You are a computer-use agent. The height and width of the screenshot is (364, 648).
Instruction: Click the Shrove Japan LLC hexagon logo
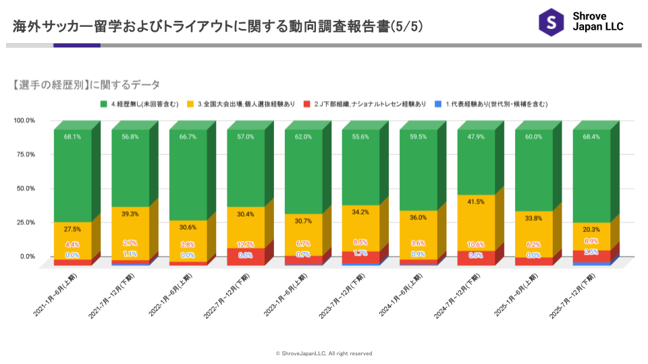pyautogui.click(x=551, y=22)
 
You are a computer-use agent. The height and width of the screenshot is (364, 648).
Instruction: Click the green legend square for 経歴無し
pyautogui.click(x=104, y=104)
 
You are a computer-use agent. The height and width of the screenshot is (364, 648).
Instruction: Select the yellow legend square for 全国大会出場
pyautogui.click(x=191, y=104)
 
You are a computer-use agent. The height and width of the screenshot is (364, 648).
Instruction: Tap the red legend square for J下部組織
pyautogui.click(x=307, y=104)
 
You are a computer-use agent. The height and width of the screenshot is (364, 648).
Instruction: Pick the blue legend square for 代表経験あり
pyautogui.click(x=438, y=104)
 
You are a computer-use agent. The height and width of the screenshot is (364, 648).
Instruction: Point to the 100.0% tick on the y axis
pyautogui.click(x=24, y=121)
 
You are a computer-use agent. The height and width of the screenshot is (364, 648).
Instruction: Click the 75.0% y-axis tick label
pyautogui.click(x=26, y=154)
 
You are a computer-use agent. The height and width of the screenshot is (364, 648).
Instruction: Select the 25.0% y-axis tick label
pyautogui.click(x=26, y=222)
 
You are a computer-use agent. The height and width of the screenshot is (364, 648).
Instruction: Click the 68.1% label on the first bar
pyautogui.click(x=72, y=137)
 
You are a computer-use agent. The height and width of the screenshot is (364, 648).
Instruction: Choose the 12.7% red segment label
pyautogui.click(x=246, y=245)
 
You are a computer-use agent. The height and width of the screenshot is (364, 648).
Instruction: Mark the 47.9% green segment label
pyautogui.click(x=476, y=137)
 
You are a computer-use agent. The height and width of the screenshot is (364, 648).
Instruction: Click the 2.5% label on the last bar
pyautogui.click(x=591, y=252)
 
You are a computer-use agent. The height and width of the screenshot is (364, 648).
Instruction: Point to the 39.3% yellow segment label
pyautogui.click(x=130, y=214)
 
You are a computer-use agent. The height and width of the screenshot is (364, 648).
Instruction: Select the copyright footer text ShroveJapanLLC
pyautogui.click(x=324, y=353)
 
